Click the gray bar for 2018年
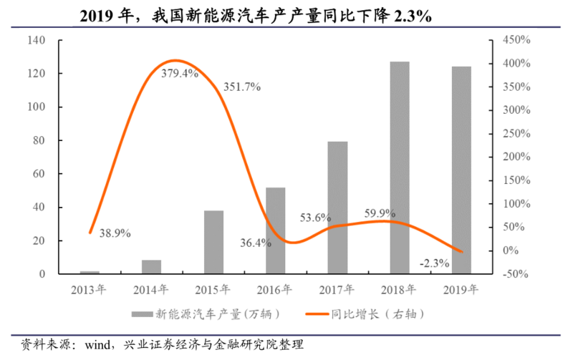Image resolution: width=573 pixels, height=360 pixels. point(400,167)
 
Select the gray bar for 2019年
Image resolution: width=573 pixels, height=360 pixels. point(462,170)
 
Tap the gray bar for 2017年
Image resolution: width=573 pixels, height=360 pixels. point(337,208)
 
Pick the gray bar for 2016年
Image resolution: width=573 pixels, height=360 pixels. point(276,230)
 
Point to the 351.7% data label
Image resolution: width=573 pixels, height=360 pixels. point(241,87)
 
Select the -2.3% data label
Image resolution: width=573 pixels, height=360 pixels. point(435,263)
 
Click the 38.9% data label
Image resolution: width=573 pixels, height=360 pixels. point(115,233)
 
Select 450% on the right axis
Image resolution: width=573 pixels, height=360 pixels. point(516,41)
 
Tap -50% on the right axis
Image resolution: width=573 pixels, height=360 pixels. point(515,274)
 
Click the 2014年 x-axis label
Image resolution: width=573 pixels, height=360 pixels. point(151,290)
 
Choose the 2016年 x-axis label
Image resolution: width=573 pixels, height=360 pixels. point(275,290)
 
